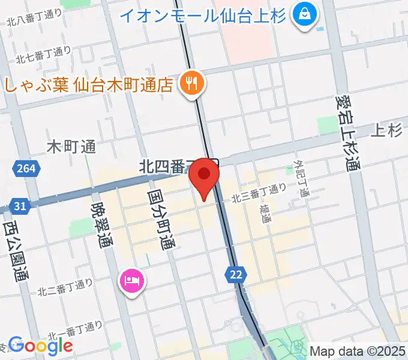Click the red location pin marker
point(204,175)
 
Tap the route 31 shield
point(20,206)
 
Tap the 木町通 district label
point(71,146)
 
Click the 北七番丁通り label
point(43,55)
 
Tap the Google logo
point(40,345)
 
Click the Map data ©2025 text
point(357,350)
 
